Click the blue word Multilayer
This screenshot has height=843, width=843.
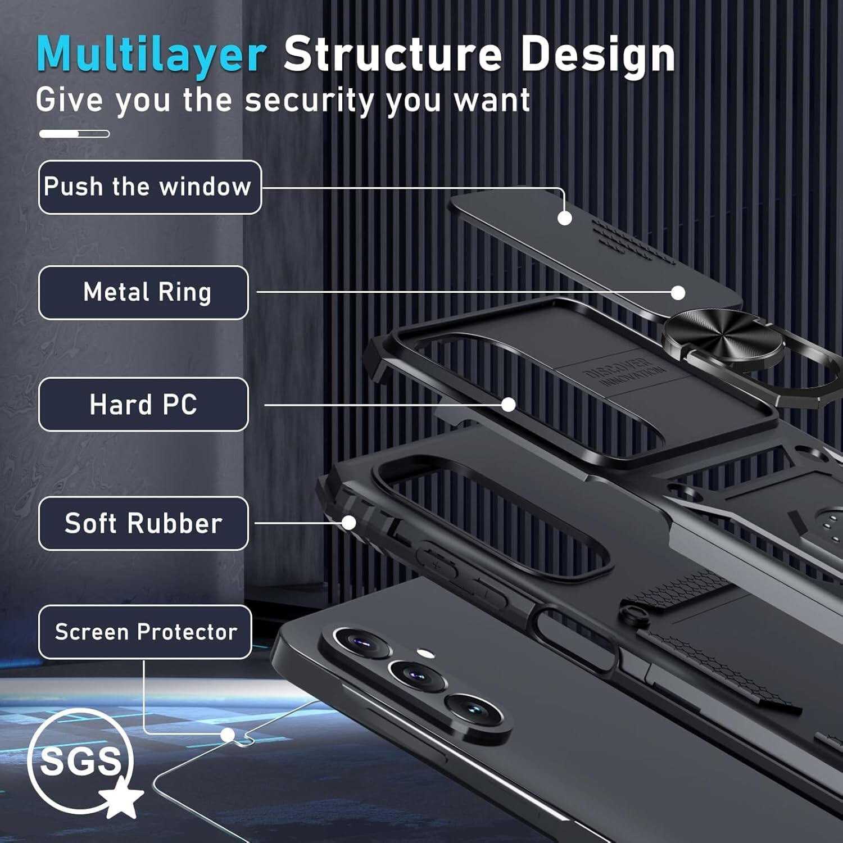point(151,55)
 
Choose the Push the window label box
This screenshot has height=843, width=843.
point(149,187)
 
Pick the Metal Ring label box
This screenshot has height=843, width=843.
point(143,293)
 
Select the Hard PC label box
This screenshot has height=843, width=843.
point(143,405)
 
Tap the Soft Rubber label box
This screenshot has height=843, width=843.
point(143,523)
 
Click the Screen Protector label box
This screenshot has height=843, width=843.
point(145,632)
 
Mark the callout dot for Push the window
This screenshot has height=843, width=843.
point(565,218)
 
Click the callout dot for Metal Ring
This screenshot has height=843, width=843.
point(678,293)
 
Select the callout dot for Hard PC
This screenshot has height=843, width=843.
point(509,405)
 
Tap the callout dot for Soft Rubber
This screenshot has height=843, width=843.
point(349,523)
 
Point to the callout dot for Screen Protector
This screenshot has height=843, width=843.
point(228,735)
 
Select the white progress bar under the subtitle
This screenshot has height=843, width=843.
point(74,134)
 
